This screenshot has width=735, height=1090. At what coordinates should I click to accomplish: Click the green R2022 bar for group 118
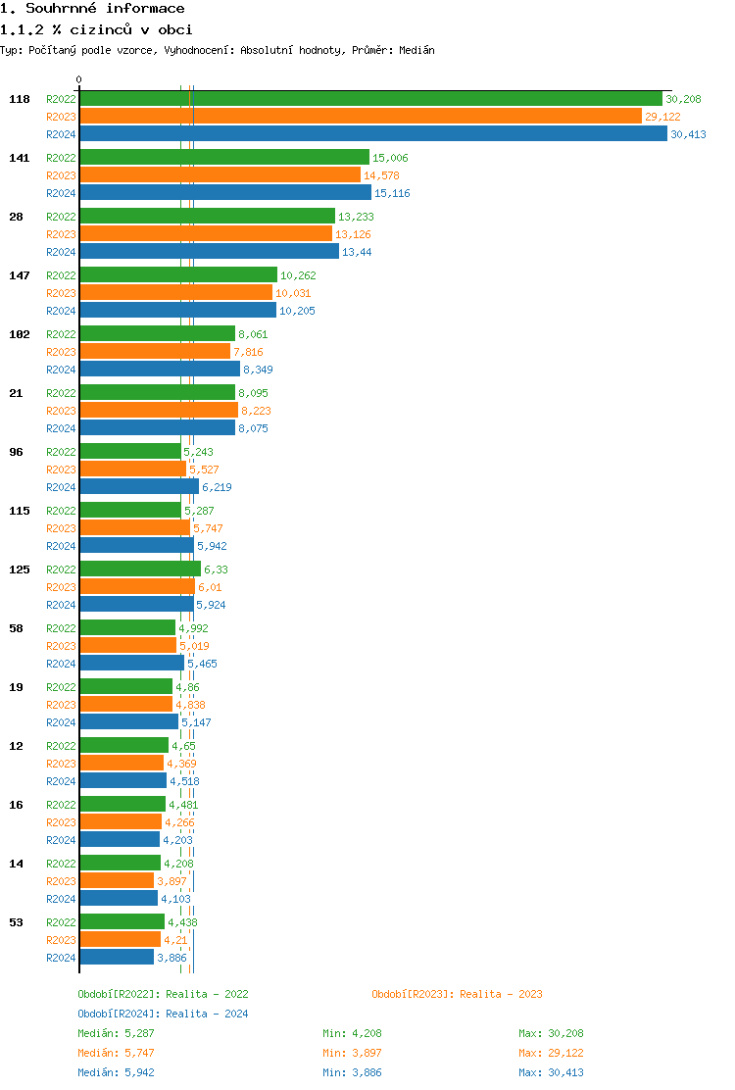(x=370, y=99)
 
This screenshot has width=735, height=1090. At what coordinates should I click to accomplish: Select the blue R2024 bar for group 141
(x=225, y=193)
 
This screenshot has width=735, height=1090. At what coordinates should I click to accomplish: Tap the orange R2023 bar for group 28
(x=206, y=234)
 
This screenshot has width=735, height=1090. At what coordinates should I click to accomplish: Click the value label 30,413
(x=688, y=134)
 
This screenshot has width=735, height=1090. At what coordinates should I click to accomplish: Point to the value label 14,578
(x=381, y=175)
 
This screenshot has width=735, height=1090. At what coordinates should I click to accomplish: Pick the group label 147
(x=20, y=275)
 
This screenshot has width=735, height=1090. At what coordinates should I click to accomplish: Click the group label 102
(x=20, y=334)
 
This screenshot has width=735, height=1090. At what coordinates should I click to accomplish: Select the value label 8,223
(x=259, y=411)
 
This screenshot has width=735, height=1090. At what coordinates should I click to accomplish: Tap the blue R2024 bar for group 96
(x=139, y=487)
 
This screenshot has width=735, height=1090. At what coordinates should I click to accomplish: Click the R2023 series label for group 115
(x=61, y=528)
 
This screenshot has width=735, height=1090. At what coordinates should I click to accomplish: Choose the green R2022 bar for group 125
(x=140, y=570)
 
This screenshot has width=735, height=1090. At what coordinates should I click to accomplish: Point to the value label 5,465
(x=202, y=664)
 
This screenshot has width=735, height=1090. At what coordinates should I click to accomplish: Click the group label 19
(x=16, y=687)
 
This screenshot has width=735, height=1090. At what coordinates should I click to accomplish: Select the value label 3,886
(x=171, y=958)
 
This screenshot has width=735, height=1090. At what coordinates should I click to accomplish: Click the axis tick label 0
(x=79, y=80)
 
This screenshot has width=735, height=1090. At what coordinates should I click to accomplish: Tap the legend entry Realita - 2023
(x=457, y=994)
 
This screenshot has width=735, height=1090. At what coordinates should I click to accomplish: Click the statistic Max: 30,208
(x=551, y=1033)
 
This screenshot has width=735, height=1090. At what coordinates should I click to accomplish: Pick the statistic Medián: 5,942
(x=116, y=1072)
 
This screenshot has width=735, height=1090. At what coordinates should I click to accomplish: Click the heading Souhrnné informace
(x=92, y=9)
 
